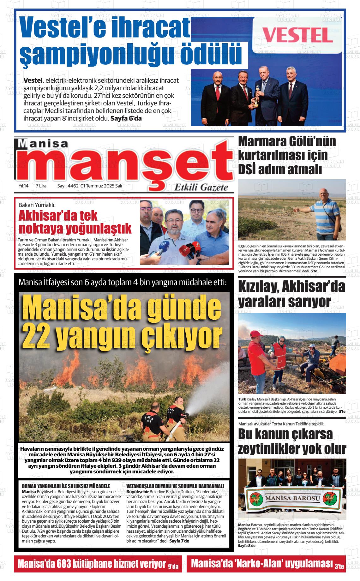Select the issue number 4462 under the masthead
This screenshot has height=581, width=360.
coord(73,186)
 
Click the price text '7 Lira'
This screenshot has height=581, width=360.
coord(41,186)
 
